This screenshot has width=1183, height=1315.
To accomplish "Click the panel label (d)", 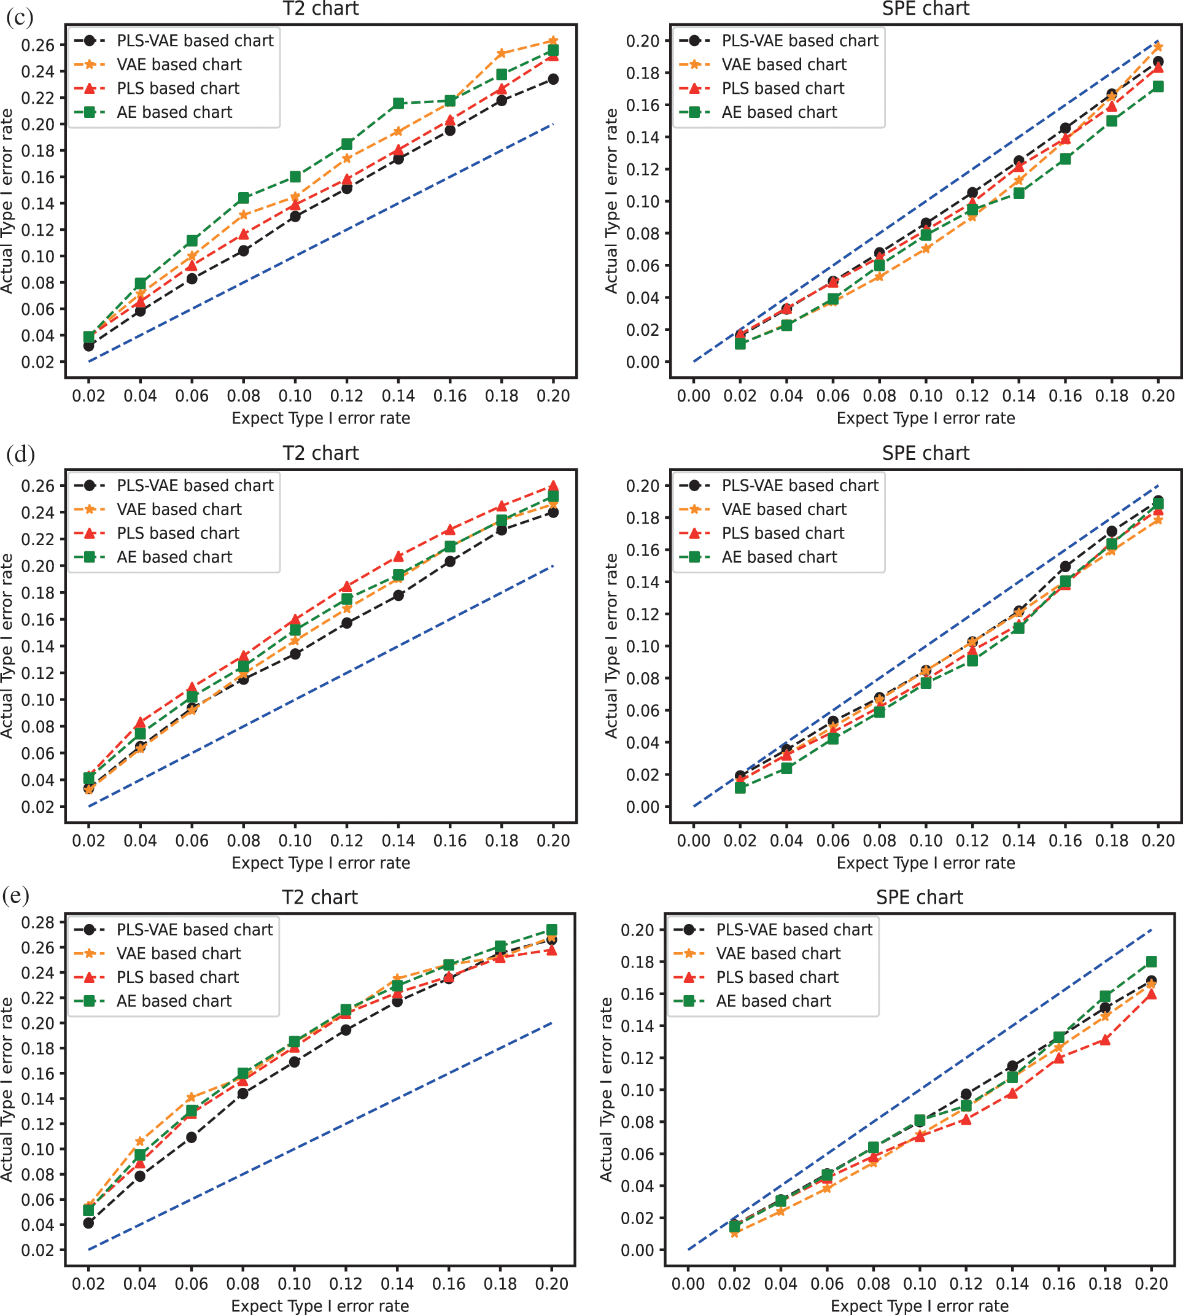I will tap(20, 454).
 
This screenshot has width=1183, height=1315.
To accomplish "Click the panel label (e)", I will tap(16, 896).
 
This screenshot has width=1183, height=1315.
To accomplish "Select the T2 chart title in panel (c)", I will tap(320, 9).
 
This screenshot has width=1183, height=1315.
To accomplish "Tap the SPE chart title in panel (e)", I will tap(919, 898).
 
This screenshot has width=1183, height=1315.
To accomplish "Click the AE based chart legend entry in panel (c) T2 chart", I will tap(174, 112).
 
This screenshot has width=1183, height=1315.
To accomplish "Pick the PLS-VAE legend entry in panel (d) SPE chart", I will tap(799, 486).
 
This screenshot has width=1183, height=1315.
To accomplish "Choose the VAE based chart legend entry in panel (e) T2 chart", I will tap(178, 953).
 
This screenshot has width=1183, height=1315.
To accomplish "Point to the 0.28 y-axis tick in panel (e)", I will tap(38, 922).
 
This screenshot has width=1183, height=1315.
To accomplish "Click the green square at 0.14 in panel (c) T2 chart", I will tap(398, 103).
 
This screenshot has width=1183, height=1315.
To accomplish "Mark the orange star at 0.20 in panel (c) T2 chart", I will tap(553, 41).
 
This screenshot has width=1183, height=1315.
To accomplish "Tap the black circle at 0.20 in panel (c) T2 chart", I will tap(553, 79).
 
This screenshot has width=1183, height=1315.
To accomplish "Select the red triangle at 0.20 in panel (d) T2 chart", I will tap(553, 486).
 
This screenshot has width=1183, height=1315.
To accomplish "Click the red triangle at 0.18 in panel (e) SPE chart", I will tap(1105, 1040).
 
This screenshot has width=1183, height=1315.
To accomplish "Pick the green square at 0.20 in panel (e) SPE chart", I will tap(1151, 961).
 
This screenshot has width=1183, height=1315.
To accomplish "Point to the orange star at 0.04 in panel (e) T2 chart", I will tap(140, 1141).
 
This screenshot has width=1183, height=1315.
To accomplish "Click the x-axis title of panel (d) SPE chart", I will tap(926, 863).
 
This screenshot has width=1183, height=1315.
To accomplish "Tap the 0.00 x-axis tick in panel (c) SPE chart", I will tap(694, 396).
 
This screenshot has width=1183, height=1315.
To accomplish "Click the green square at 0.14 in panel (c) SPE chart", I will tap(1018, 193).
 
